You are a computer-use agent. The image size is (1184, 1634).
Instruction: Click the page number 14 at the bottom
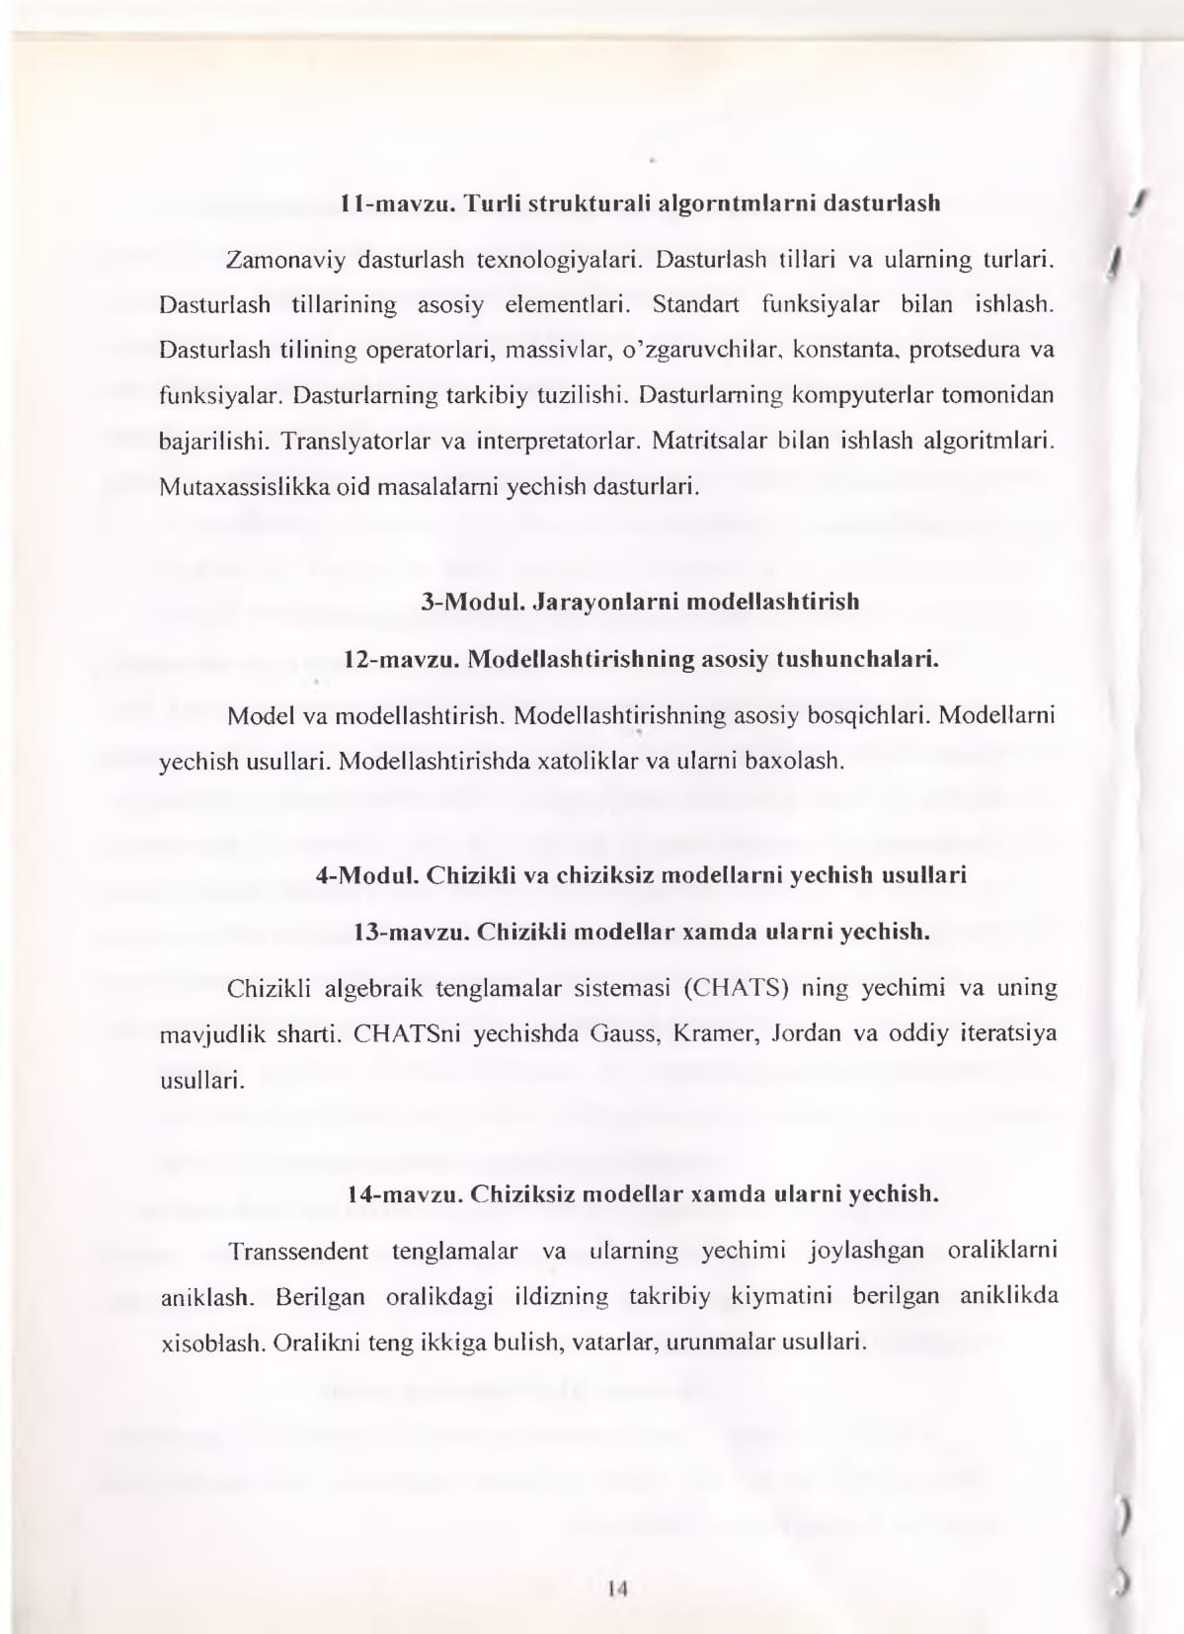(x=619, y=1590)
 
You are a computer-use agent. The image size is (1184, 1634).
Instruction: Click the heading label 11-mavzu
(x=396, y=204)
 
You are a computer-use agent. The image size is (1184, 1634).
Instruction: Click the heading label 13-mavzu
(x=410, y=932)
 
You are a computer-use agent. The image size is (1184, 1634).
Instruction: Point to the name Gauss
(x=619, y=1034)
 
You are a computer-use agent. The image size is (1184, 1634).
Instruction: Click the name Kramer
(x=706, y=1034)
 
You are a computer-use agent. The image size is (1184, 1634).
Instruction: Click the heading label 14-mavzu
(x=405, y=1194)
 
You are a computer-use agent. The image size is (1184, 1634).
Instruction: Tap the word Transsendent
(x=298, y=1252)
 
